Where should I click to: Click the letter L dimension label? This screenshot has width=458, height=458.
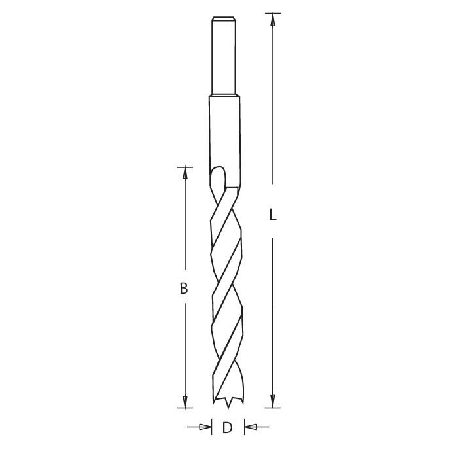point(273,214)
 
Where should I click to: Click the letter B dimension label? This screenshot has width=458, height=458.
point(185,288)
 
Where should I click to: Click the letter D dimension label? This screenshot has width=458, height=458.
point(227,429)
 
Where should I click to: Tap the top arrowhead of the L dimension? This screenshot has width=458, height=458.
point(273,20)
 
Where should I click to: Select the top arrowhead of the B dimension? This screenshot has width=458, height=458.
point(185,173)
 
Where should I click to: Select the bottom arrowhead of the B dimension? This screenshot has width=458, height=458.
point(185,401)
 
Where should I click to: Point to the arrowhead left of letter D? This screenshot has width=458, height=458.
point(206,428)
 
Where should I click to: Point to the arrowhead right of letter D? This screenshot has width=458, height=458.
point(249,428)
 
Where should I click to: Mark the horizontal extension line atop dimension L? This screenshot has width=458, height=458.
point(273,13)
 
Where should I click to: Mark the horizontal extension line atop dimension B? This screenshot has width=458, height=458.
point(185,166)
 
